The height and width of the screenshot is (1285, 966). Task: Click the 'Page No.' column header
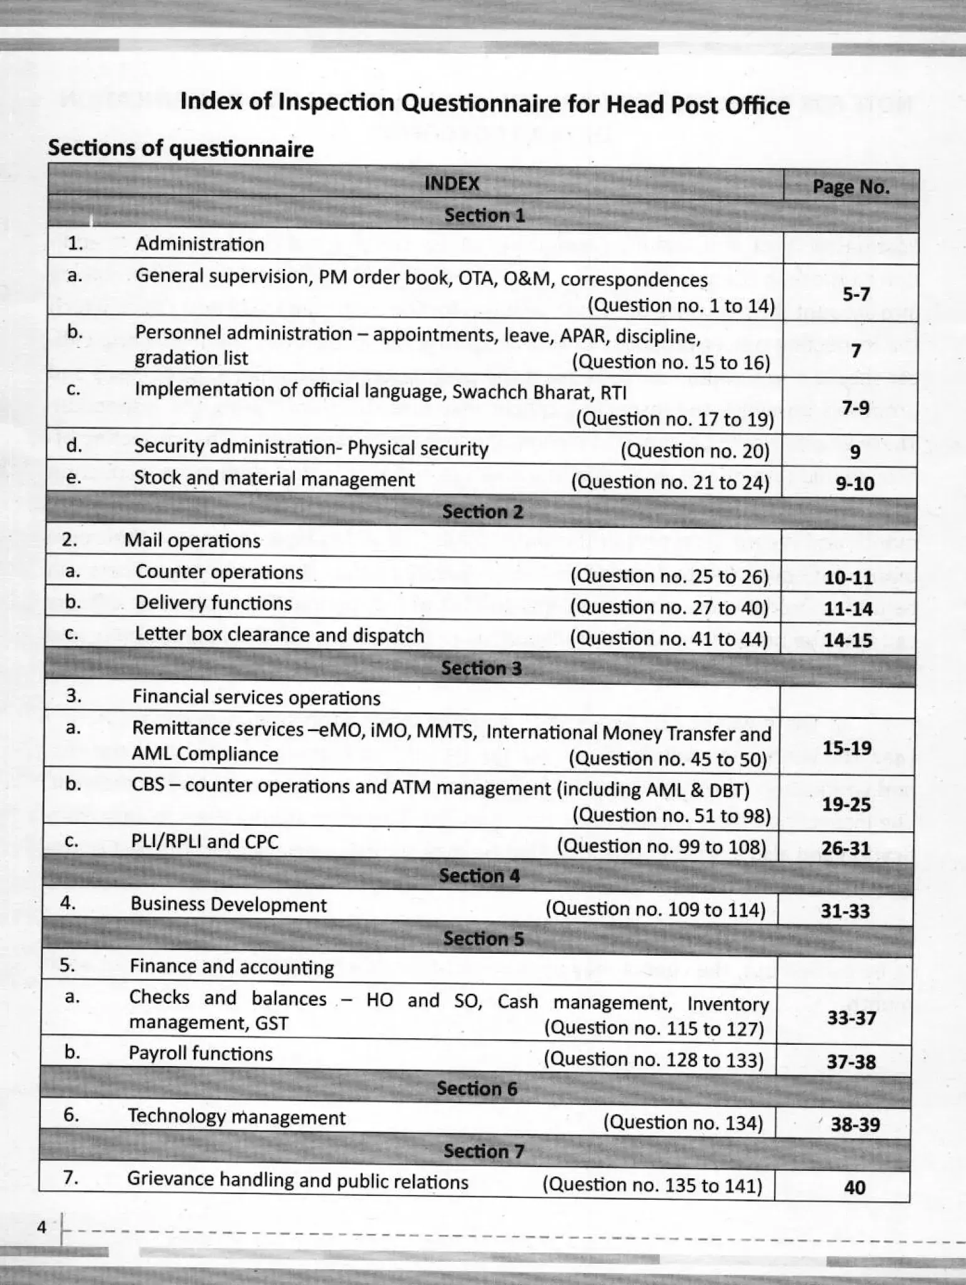coord(851,187)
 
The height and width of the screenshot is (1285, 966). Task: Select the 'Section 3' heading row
coord(481,668)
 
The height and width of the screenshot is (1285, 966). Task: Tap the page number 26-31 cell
coord(846,848)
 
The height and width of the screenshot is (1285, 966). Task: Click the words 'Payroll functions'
coord(201,1053)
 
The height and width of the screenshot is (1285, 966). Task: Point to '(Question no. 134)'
coord(683,1122)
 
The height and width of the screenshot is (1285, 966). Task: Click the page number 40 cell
coord(854,1187)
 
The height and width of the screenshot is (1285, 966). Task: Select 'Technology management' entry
coord(236,1117)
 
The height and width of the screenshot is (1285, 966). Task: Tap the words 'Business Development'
coord(228,905)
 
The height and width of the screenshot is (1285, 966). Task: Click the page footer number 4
coord(42,1227)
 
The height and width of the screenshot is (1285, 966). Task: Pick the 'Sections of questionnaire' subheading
coord(181,149)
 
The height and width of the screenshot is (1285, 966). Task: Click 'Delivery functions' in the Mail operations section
coord(213,604)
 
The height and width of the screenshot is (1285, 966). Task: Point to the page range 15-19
coord(847,748)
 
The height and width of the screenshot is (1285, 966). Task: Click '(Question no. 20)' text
coord(695,451)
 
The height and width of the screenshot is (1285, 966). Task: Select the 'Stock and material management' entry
coord(274,479)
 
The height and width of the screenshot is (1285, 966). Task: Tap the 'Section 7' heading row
coord(483,1151)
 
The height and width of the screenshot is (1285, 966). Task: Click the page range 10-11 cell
coord(848,577)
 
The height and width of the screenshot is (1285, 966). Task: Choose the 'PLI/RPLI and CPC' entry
coord(205,841)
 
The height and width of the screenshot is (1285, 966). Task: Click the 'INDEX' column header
coord(452,183)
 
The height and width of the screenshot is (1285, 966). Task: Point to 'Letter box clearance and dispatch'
coord(280,635)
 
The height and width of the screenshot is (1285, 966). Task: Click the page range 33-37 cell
coord(851,1018)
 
